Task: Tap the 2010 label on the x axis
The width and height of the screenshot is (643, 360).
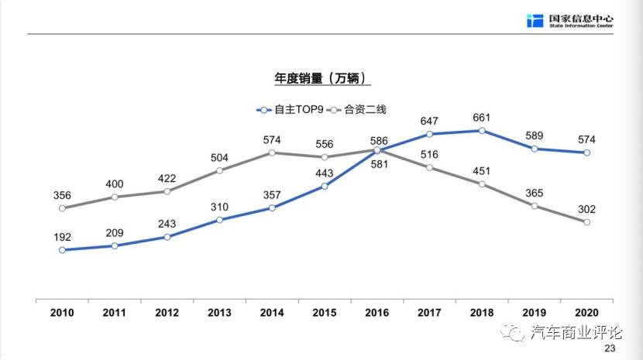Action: [62, 313]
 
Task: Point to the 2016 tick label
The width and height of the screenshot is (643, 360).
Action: [377, 313]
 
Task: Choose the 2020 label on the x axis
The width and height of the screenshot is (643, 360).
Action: [586, 313]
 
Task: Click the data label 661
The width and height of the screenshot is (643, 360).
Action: [482, 118]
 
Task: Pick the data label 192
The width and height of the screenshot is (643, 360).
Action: [62, 237]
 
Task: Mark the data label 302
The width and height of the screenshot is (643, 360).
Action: [586, 209]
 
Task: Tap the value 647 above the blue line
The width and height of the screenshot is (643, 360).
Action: [429, 121]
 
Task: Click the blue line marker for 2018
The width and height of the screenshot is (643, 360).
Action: [482, 131]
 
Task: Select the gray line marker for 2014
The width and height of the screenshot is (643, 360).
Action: [272, 153]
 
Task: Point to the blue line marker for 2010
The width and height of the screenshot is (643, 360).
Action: [62, 250]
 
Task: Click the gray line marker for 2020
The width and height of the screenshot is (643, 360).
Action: [586, 222]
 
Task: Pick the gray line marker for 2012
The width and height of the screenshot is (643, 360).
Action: [167, 191]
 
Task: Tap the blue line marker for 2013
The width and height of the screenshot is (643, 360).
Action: [219, 220]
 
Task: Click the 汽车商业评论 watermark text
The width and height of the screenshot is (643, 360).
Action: [577, 333]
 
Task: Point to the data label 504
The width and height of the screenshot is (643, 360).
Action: [219, 157]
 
